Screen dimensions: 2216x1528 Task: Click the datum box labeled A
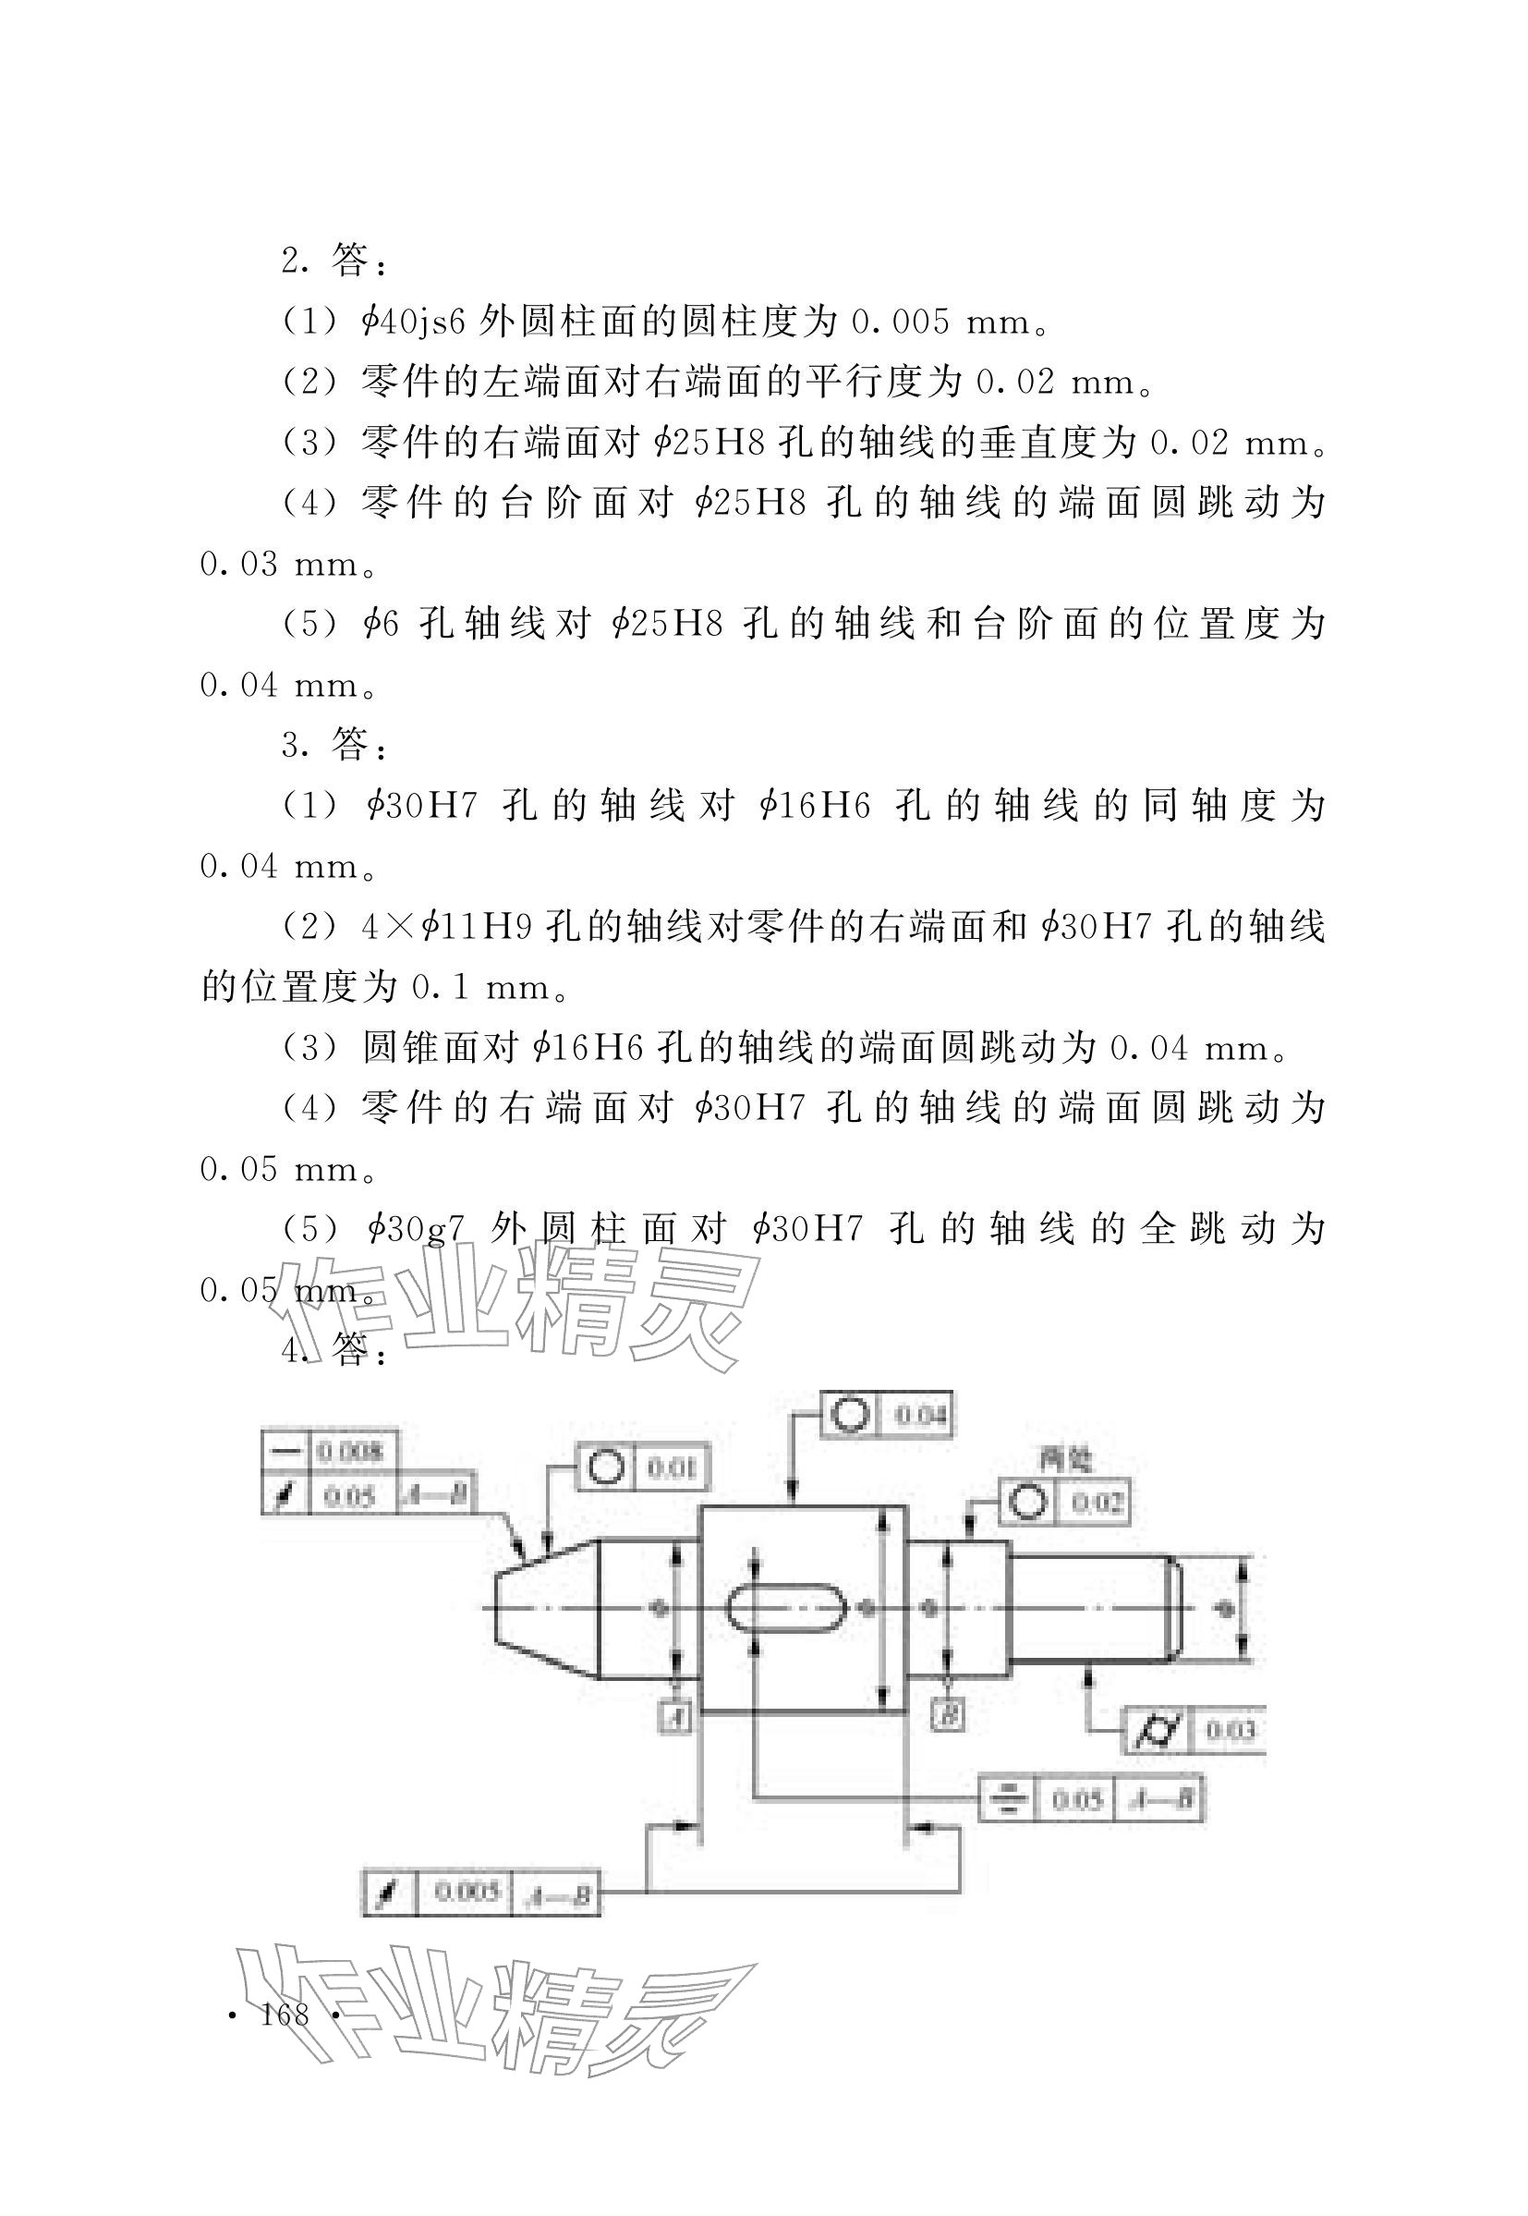click(677, 1717)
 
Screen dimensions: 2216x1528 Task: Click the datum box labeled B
click(948, 1715)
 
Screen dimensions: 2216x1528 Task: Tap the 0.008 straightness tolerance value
click(350, 1452)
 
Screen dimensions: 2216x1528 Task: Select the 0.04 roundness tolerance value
click(920, 1415)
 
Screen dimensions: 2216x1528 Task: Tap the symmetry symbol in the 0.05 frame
click(1006, 1799)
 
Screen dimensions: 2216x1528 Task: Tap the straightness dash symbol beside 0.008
click(285, 1452)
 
